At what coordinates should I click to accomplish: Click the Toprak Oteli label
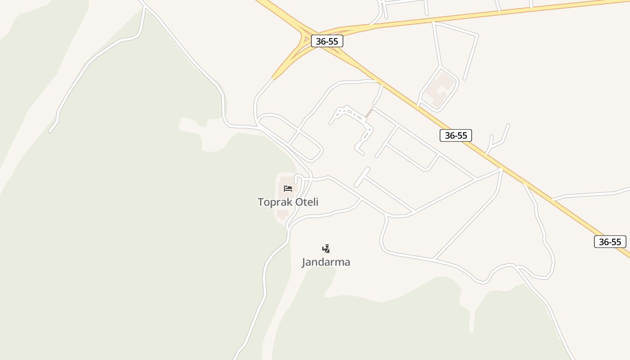pos(288,202)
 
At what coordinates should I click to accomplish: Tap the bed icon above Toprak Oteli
pos(288,188)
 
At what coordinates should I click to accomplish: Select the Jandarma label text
pos(326,262)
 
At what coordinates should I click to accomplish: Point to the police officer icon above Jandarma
pos(326,248)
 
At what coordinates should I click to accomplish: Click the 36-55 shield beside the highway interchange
pos(327,41)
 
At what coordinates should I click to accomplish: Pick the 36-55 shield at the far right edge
pos(610,242)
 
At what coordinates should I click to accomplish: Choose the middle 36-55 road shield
pos(455,135)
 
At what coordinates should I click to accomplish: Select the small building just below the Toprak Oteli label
pos(283,214)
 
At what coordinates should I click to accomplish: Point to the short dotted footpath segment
pos(369,113)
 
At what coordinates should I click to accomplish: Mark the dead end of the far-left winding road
pos(50,131)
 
